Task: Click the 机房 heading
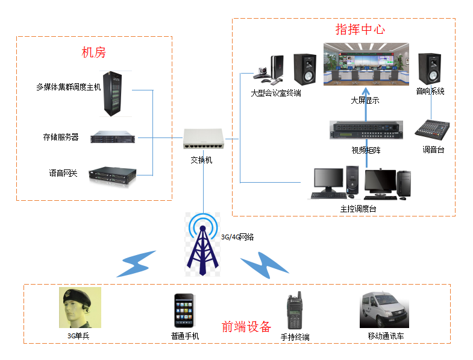coord(93,52)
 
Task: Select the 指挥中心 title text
coord(360,30)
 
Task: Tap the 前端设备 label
coord(246,326)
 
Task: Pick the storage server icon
coord(114,137)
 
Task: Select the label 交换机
coord(201,160)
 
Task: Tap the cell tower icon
coord(202,244)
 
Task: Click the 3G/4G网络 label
coord(237,237)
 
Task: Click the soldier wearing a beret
coord(80,307)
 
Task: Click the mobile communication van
coord(384,310)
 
